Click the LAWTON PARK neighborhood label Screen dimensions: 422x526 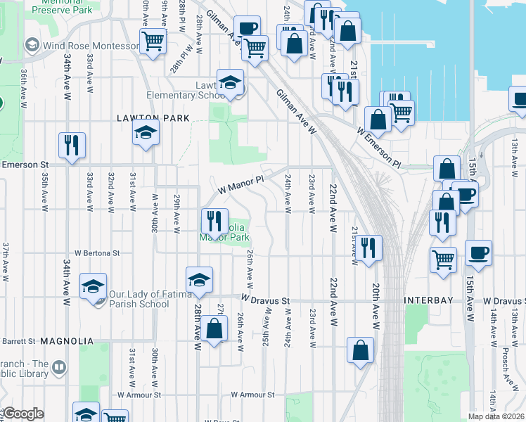(153, 118)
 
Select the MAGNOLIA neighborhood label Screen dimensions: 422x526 (67, 341)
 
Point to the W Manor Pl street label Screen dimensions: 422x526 (240, 185)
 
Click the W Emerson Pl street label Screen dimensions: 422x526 (378, 147)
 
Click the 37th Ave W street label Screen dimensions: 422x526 (5, 262)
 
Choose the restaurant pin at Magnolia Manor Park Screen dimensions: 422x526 (215, 221)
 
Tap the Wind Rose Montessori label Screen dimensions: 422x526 (90, 46)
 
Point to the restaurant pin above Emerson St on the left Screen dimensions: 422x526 (72, 146)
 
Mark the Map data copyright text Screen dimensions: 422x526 (496, 416)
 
